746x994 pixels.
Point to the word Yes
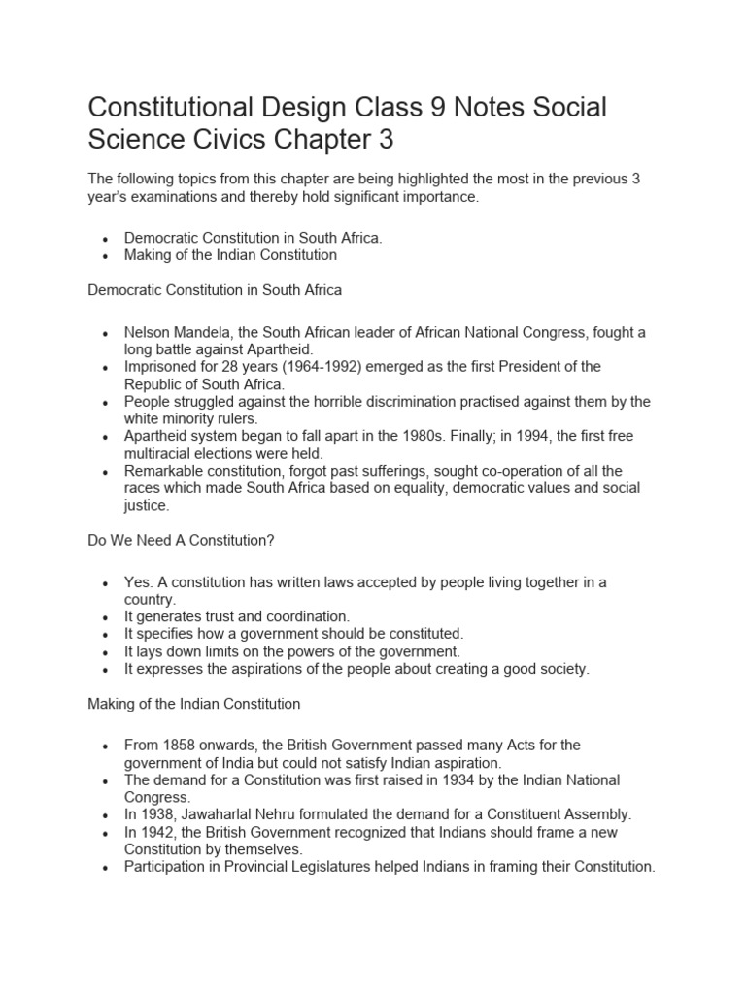pyautogui.click(x=137, y=581)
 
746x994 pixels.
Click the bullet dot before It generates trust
pyautogui.click(x=105, y=617)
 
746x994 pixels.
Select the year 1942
pyautogui.click(x=157, y=832)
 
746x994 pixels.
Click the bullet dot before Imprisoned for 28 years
pyautogui.click(x=105, y=367)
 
